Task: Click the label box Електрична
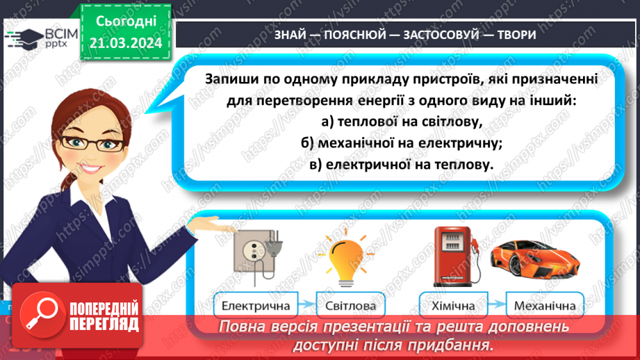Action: pyautogui.click(x=254, y=306)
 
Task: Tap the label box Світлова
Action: pyautogui.click(x=350, y=306)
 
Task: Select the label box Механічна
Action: pyautogui.click(x=545, y=306)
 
